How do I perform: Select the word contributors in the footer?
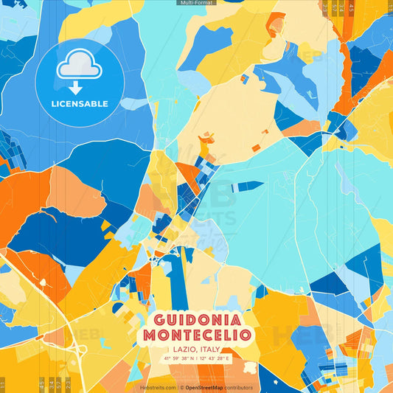(239, 387)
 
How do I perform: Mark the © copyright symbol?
(181, 387)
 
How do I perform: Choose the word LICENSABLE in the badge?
(78, 102)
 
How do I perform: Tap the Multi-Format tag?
(196, 3)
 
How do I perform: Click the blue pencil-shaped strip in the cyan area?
(247, 186)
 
